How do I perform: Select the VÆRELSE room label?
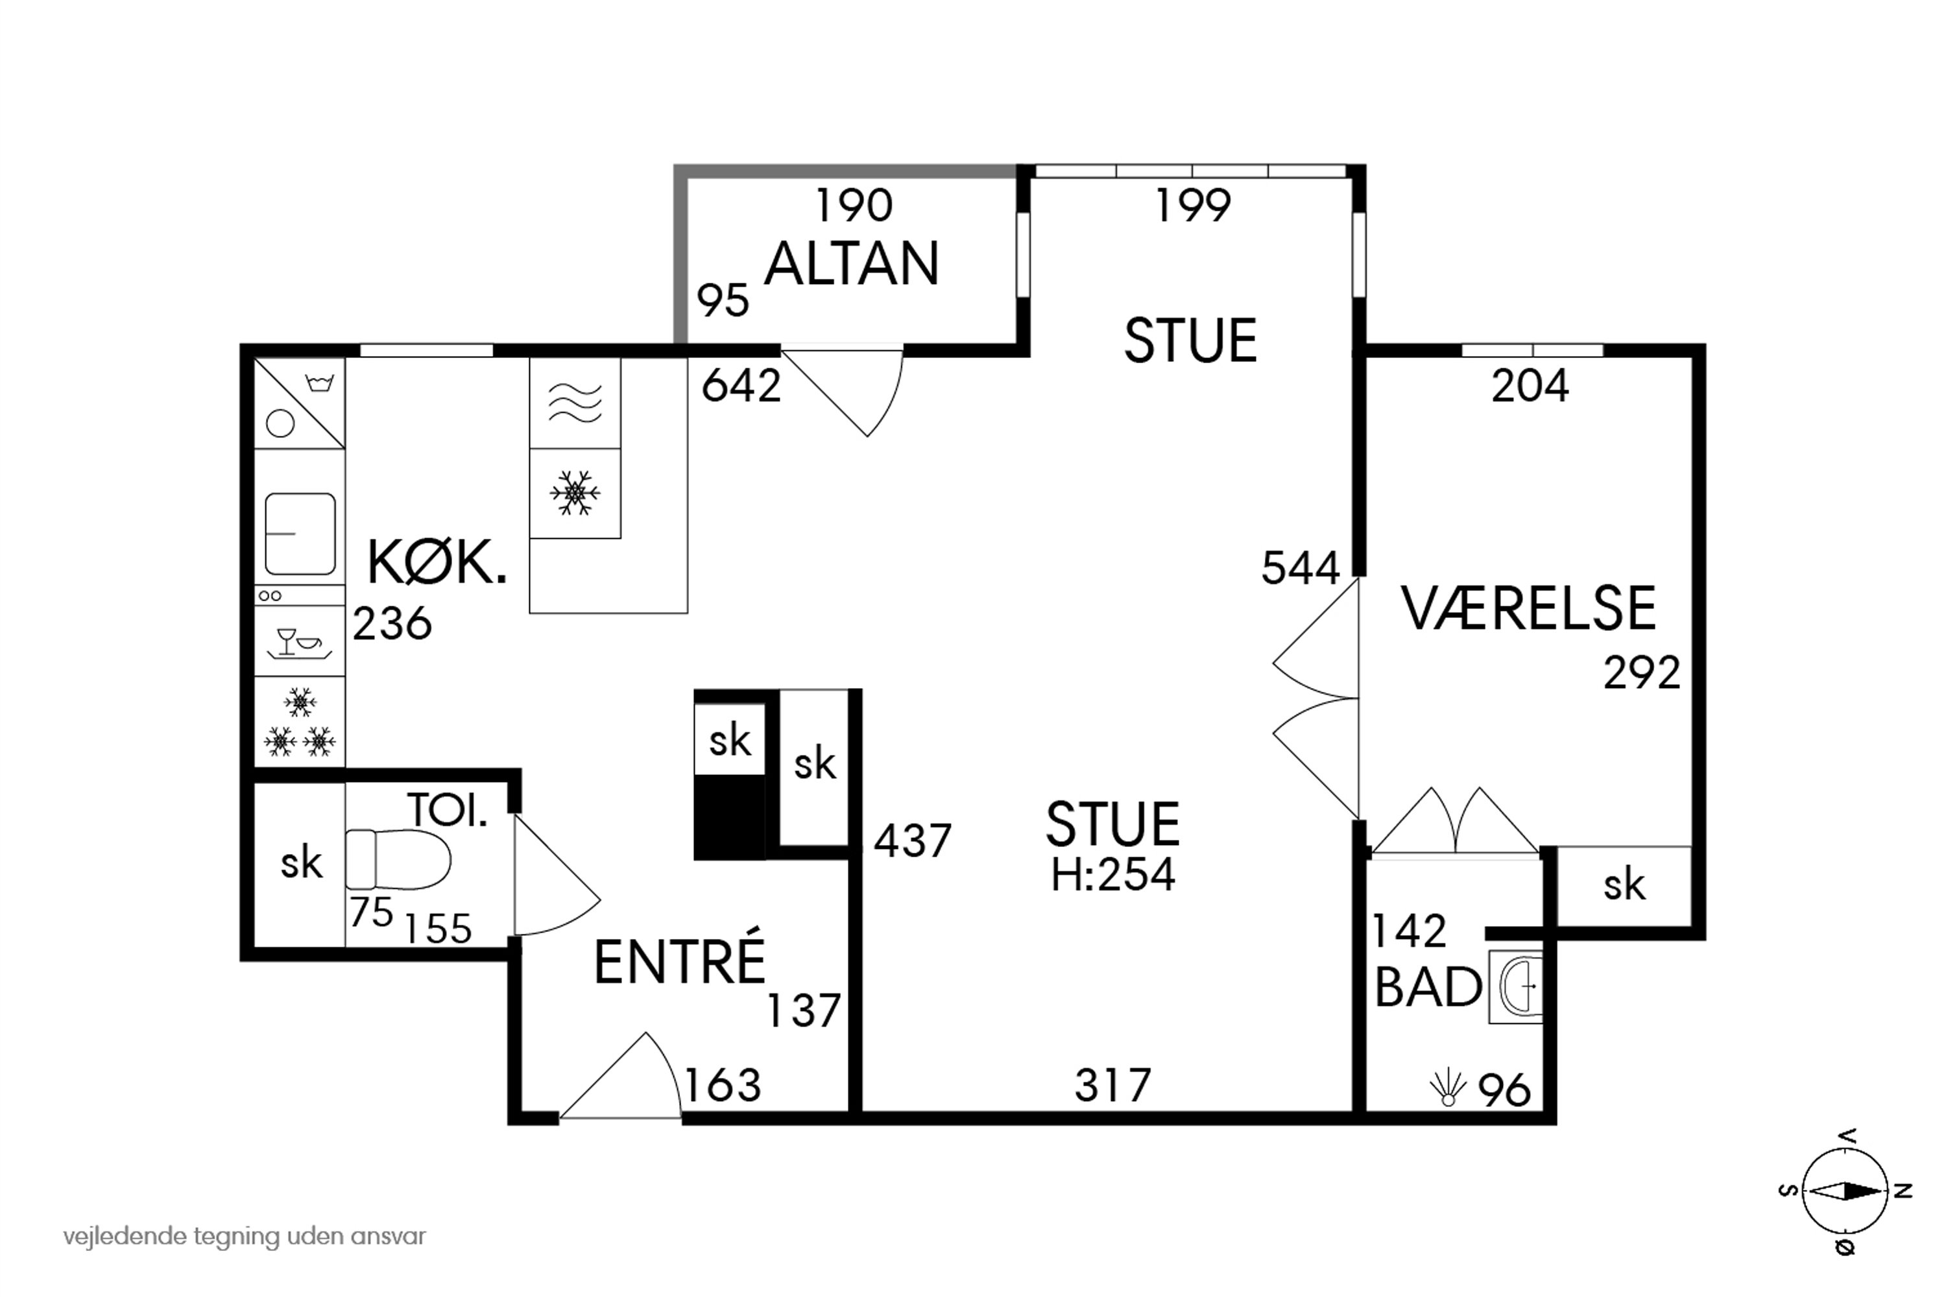pyautogui.click(x=1528, y=609)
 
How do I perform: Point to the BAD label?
pyautogui.click(x=1427, y=987)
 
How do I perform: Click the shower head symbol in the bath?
pyautogui.click(x=1447, y=1088)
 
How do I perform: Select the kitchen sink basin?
pyautogui.click(x=300, y=534)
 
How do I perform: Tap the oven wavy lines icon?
pyautogui.click(x=574, y=403)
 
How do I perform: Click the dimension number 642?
pyautogui.click(x=741, y=387)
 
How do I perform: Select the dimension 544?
pyautogui.click(x=1300, y=568)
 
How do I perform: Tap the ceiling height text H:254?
pyautogui.click(x=1113, y=874)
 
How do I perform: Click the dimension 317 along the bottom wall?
pyautogui.click(x=1113, y=1084)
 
